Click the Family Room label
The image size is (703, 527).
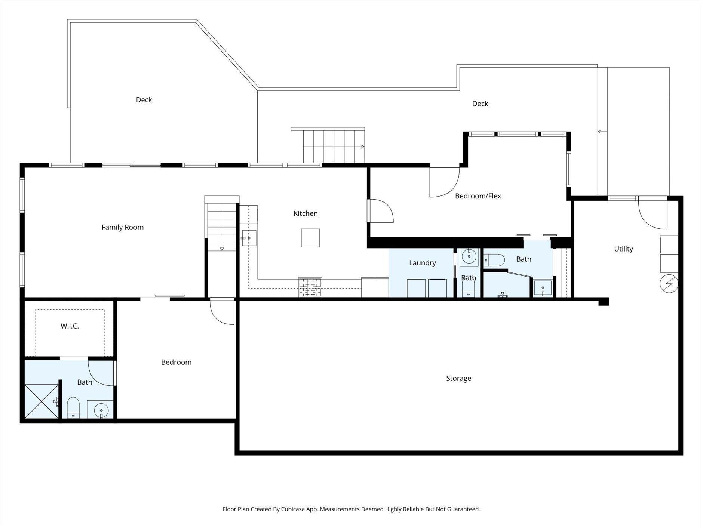pos(123,227)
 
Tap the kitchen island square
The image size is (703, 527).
pos(310,238)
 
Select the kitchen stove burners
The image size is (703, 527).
pos(310,287)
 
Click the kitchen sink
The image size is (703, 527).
pos(249,238)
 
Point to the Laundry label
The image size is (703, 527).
pos(423,263)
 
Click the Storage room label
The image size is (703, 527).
pos(458,378)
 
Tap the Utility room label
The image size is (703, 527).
pos(623,249)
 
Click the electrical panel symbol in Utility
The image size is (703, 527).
pos(669,284)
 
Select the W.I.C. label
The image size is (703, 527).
pos(70,326)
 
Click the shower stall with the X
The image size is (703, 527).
pos(42,401)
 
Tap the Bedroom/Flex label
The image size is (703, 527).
pos(478,196)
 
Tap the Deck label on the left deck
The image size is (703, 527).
pos(144,100)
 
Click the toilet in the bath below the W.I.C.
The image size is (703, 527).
pos(73,407)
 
